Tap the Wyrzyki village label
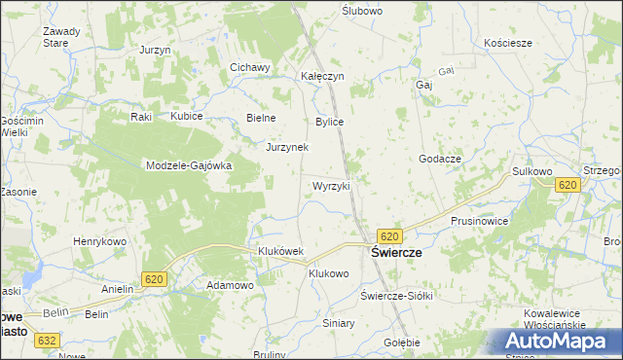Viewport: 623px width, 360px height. (x=330, y=185)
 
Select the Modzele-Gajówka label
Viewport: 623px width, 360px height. (x=188, y=165)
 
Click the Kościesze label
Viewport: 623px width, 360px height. (x=508, y=44)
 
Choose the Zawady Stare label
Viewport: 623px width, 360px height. (x=61, y=37)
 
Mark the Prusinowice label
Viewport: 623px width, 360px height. (x=479, y=221)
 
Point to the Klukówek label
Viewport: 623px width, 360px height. (x=280, y=251)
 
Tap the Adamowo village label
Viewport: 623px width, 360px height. (x=230, y=285)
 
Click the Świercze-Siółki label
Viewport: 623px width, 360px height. (x=395, y=295)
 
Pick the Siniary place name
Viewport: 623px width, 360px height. (x=339, y=322)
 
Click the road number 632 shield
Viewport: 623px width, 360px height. (x=47, y=341)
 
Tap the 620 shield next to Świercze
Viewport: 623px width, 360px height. (x=389, y=236)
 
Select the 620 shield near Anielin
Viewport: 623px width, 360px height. (x=154, y=279)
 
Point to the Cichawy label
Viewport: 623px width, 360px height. (x=248, y=67)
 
